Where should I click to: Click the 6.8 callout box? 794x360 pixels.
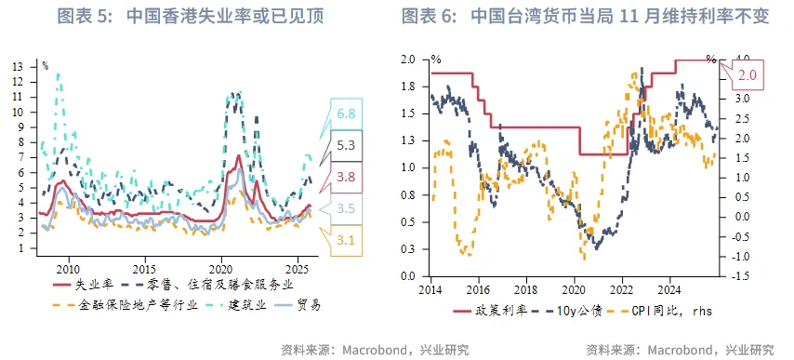click(x=347, y=113)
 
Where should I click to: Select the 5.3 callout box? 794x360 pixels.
click(x=347, y=145)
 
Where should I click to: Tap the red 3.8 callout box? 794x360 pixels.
click(x=347, y=177)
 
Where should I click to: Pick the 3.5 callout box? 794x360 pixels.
click(x=347, y=208)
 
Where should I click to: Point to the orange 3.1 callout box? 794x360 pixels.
click(x=347, y=240)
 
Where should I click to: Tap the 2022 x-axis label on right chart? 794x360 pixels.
click(x=623, y=289)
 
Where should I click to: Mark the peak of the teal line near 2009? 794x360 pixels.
click(x=59, y=73)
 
